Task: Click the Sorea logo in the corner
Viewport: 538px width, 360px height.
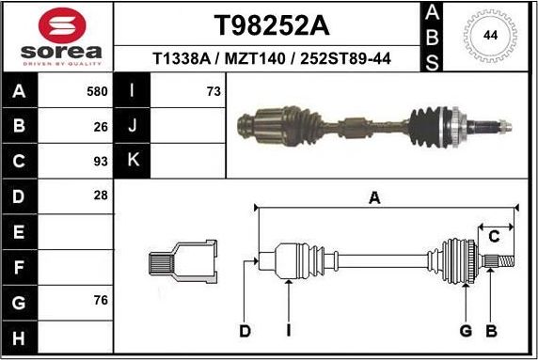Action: (56, 37)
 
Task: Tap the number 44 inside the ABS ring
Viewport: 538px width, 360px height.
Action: (489, 35)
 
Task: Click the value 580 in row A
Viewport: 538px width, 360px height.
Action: (97, 91)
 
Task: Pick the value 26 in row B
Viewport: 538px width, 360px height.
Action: (101, 125)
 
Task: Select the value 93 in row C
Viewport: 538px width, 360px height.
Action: (101, 160)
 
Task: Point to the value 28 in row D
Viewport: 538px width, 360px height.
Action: (101, 195)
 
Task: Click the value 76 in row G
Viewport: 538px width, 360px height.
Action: (101, 301)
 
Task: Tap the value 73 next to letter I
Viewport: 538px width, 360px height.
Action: (213, 91)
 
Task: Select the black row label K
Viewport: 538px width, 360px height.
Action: (133, 160)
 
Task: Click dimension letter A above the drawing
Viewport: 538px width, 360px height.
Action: (374, 197)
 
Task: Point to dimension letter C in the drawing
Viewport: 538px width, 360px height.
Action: (494, 236)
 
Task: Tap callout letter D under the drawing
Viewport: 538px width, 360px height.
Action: (245, 330)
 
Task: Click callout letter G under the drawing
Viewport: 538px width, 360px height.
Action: (465, 330)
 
